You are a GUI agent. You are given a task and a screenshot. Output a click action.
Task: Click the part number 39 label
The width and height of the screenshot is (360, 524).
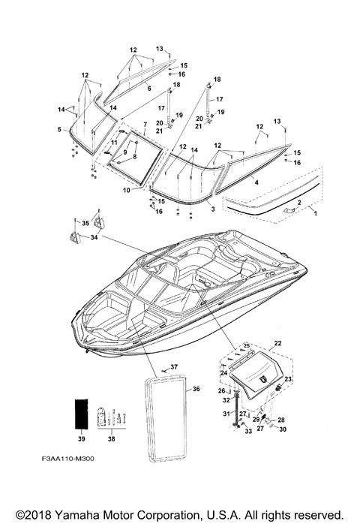tap(82, 438)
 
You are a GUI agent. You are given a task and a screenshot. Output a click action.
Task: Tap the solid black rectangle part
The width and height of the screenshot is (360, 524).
tap(81, 414)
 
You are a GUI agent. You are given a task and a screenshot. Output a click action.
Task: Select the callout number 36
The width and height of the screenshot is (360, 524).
tap(196, 389)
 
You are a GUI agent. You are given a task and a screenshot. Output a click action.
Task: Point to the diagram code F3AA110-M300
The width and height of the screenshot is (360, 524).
tap(67, 459)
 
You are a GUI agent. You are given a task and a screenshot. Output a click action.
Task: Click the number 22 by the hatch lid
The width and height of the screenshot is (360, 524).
tap(277, 343)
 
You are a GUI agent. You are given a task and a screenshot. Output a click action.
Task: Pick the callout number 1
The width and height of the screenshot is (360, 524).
tap(314, 213)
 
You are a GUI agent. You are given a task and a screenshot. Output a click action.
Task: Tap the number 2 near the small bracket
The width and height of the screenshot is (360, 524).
tap(299, 203)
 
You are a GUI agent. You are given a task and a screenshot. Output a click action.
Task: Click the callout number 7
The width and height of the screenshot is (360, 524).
tap(145, 125)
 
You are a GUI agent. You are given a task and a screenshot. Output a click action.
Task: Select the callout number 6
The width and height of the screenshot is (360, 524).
tap(149, 89)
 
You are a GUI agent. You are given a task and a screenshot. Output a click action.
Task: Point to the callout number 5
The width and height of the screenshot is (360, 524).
tap(59, 129)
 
